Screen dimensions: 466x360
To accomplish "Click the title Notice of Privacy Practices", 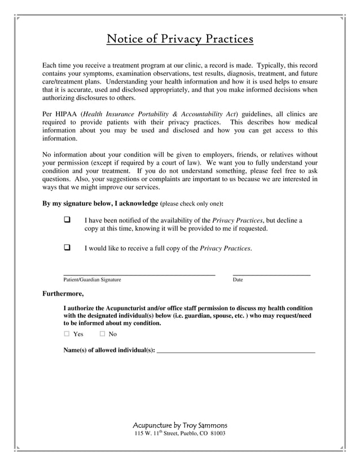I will [x=180, y=39].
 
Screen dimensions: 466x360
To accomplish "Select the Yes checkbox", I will [x=67, y=334].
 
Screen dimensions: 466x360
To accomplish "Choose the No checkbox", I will [x=103, y=334].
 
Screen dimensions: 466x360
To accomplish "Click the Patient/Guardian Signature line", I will [x=139, y=273].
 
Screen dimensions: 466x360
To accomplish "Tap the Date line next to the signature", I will [x=271, y=273].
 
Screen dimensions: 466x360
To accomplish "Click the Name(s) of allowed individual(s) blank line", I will [x=235, y=351].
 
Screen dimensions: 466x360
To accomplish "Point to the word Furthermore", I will [x=63, y=293].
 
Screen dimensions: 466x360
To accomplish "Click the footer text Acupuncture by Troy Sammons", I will [x=179, y=425].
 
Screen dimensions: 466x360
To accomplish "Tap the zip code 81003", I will [x=217, y=433].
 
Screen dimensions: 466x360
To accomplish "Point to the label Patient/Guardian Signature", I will [x=92, y=280].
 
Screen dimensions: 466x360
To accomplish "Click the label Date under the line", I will [x=238, y=280].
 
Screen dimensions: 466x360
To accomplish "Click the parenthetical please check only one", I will [x=191, y=204].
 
